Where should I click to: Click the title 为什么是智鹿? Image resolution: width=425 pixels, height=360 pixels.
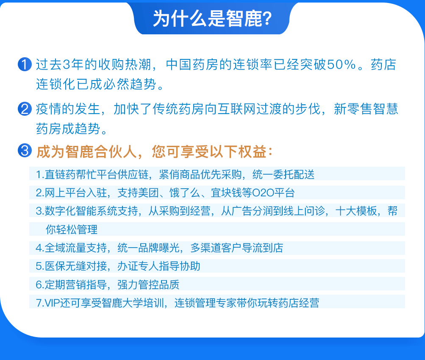[212, 19]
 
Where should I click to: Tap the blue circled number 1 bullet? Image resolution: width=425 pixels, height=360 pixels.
[25, 64]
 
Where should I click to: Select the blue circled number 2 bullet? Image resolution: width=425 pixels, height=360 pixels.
[25, 109]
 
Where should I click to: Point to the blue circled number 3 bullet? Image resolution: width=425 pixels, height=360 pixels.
[25, 150]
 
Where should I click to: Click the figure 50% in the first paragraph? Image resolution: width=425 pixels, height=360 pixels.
[341, 64]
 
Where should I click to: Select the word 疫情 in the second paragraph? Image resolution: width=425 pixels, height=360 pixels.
[49, 109]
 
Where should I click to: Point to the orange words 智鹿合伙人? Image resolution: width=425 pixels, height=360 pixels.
[101, 151]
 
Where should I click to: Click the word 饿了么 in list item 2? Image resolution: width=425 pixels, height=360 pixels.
[185, 193]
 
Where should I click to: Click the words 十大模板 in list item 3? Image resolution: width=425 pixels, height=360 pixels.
[356, 211]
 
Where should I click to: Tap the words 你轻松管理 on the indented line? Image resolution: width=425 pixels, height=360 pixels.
[72, 229]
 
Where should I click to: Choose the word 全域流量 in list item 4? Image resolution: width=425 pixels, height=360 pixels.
[65, 248]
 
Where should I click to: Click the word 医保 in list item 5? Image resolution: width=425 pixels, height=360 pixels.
[55, 266]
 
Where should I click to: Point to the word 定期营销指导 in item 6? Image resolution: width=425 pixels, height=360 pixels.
[75, 285]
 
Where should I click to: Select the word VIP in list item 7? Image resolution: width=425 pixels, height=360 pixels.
[52, 303]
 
